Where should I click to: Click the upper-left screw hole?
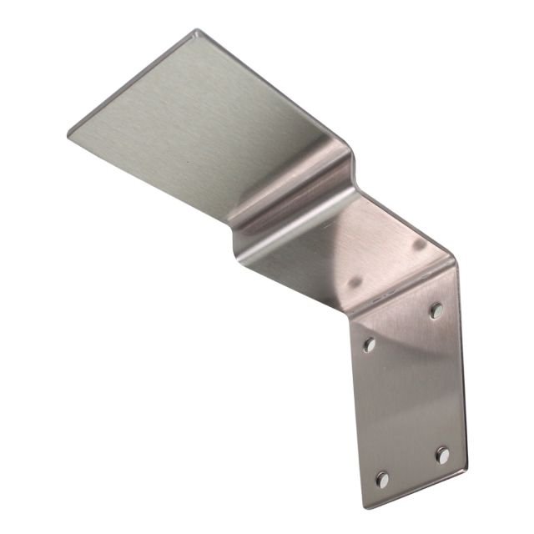(x=370, y=345)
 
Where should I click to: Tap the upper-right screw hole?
(x=436, y=310)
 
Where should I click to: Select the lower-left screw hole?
(x=382, y=479)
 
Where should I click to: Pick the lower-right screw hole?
(x=442, y=455)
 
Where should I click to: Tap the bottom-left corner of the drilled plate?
(x=365, y=506)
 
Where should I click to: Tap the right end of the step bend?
(x=355, y=163)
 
